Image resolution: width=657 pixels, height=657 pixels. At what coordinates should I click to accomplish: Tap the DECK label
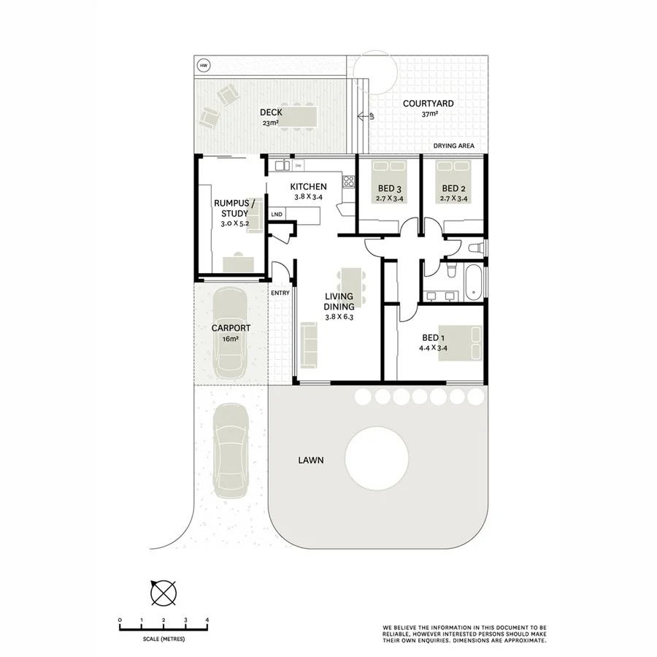pos(271,112)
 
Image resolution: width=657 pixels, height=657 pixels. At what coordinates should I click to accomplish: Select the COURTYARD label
pos(428,104)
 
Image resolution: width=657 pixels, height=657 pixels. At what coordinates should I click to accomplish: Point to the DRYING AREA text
pos(453,146)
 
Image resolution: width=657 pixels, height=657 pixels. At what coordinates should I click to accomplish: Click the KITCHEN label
pos(308,187)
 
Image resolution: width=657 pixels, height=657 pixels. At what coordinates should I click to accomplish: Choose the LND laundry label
pos(276,215)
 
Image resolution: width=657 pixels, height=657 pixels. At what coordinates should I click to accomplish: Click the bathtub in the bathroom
pos(474,283)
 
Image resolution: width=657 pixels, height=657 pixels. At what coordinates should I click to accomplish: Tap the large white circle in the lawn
pos(376,458)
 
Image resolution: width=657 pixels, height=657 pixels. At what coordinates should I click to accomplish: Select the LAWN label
pos(310,461)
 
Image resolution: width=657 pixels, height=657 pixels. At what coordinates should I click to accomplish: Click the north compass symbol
pos(163,592)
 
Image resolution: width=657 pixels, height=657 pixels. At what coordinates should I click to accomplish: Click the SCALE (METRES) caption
pos(164,639)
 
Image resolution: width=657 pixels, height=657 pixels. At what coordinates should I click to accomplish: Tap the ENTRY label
pos(280,293)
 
